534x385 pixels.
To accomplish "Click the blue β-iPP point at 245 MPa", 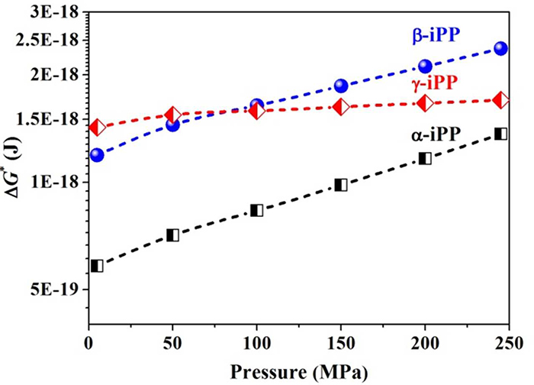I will click(500, 49).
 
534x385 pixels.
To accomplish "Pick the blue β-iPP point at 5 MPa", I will click(96, 155).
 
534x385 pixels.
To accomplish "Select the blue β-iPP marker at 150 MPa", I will click(341, 86).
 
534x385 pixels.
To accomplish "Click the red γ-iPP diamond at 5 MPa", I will click(96, 128).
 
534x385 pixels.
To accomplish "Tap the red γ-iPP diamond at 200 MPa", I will click(425, 103).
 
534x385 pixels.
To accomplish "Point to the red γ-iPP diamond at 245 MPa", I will click(500, 100).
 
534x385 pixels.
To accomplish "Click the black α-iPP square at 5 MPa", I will click(96, 266).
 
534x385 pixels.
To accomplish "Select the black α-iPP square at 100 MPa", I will click(257, 210).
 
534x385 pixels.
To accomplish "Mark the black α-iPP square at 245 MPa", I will click(500, 134).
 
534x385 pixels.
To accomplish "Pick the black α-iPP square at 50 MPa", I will click(172, 235).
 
